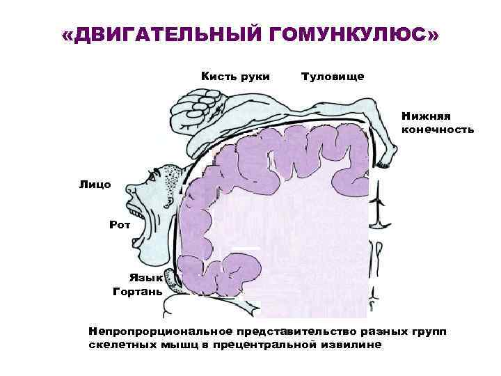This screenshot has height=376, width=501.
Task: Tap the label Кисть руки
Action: pos(235,75)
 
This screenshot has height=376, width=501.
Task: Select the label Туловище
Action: pos(333,75)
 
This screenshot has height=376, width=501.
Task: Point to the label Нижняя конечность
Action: pos(438,123)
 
